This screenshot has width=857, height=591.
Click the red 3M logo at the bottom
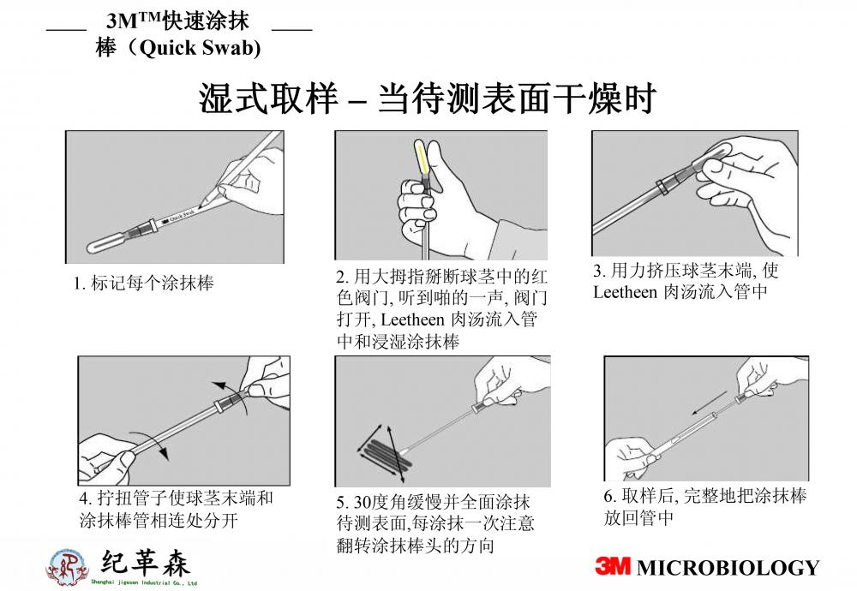click(613, 566)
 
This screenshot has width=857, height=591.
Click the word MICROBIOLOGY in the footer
click(728, 568)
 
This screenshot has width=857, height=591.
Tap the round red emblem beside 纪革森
click(67, 566)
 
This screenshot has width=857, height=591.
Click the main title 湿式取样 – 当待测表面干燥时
click(428, 98)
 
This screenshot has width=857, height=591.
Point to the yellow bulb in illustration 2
click(422, 158)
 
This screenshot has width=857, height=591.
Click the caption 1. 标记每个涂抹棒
click(144, 283)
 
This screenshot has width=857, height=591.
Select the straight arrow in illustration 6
click(709, 403)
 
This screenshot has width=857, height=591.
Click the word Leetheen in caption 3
click(626, 292)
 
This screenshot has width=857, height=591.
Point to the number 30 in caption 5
click(363, 502)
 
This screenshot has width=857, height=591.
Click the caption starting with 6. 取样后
click(704, 506)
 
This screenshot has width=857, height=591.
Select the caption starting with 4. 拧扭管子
click(176, 509)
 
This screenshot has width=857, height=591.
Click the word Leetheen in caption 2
click(412, 319)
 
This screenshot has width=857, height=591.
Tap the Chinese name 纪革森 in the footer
click(146, 563)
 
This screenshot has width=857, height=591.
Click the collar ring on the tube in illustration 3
click(662, 186)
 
